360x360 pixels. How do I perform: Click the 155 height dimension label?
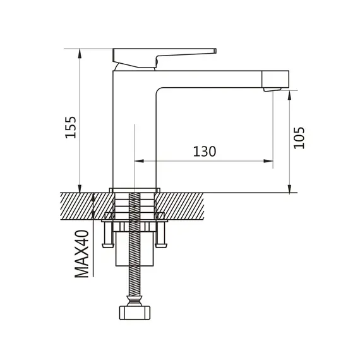click(71, 128)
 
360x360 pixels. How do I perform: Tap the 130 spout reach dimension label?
click(205, 152)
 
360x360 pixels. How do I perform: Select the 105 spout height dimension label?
click(299, 138)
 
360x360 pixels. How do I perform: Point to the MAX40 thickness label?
click(82, 254)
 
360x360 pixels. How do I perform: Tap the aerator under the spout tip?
click(272, 90)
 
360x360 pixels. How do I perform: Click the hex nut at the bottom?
click(135, 313)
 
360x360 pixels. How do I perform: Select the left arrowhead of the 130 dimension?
click(139, 161)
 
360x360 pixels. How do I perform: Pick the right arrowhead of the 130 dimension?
click(268, 161)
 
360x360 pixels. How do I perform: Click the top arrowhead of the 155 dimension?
click(80, 53)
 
